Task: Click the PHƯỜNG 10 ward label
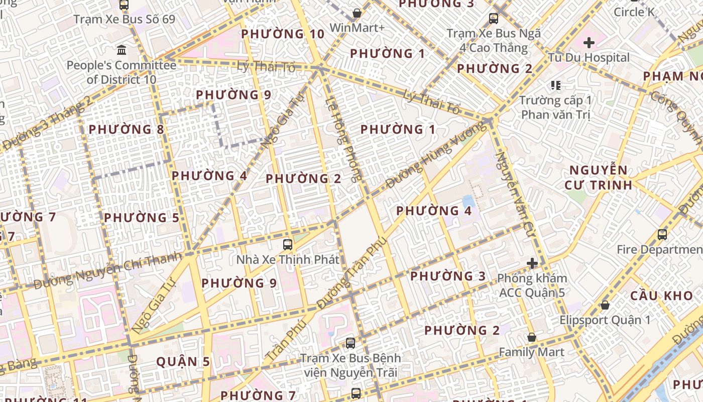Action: (283, 34)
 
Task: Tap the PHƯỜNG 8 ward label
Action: (126, 130)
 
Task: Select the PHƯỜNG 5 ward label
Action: (141, 218)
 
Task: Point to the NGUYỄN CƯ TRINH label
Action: (598, 177)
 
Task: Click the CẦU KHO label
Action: (661, 295)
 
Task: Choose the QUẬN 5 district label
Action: (183, 362)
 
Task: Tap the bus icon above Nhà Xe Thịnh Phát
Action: (288, 245)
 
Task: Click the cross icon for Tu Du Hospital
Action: (589, 43)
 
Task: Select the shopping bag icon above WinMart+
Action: (357, 13)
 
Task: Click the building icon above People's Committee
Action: (122, 50)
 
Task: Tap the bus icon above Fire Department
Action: (662, 234)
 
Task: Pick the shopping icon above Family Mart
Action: (531, 337)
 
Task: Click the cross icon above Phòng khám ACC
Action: (532, 263)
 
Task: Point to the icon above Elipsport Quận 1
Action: (605, 305)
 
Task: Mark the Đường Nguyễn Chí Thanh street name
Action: (107, 271)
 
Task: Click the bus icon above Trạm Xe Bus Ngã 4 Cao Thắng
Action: (494, 19)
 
